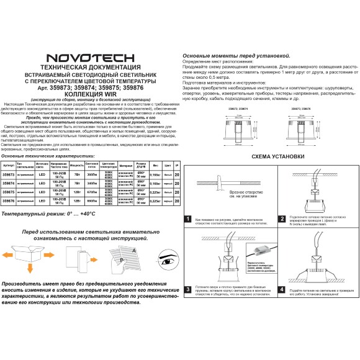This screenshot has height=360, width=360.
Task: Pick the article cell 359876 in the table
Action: click(x=9, y=201)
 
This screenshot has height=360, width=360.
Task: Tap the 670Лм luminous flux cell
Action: click(x=91, y=192)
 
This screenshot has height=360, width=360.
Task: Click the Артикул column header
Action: click(x=9, y=166)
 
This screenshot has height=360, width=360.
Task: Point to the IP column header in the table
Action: click(x=178, y=166)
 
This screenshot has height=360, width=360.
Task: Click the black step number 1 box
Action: click(x=188, y=219)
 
